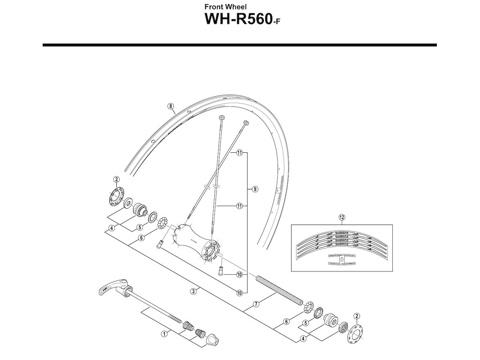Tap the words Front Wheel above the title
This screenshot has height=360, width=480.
[223, 7]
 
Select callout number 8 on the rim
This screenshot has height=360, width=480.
[170, 106]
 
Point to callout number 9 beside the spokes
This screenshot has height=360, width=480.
[255, 189]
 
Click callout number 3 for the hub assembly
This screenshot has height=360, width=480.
[193, 291]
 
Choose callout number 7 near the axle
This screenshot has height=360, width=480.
[256, 304]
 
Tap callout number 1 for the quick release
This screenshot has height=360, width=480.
[165, 334]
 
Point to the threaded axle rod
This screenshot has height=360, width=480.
[280, 291]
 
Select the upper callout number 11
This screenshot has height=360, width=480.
[240, 153]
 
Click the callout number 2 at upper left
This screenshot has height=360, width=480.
[116, 179]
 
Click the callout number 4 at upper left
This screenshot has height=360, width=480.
[111, 229]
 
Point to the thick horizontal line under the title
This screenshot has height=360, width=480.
[240, 45]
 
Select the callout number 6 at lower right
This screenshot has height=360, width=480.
[286, 322]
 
